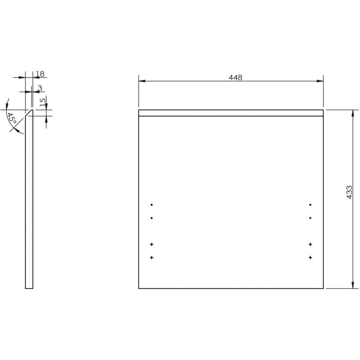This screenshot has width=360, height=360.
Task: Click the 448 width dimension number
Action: coord(235,77)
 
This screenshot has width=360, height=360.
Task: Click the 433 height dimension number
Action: coord(349,193)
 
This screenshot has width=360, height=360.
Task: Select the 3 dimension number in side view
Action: coord(40,88)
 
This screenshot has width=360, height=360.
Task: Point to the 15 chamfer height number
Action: coord(43,103)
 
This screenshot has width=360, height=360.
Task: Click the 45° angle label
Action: coord(12,118)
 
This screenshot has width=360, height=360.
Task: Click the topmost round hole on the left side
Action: coord(152,205)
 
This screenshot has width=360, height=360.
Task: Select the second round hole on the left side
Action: coord(152,218)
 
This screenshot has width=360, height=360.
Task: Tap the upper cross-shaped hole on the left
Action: coord(152,244)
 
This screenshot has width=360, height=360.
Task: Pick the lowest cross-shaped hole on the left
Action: coord(152,257)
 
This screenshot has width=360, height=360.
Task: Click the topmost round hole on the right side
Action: coord(310,205)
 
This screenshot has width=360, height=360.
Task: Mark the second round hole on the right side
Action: coord(310,218)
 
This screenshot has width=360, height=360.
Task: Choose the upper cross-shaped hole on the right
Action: coord(310,244)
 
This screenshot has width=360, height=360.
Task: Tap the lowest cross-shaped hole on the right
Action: coord(310,257)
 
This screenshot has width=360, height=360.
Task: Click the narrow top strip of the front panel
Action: coord(231,113)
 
